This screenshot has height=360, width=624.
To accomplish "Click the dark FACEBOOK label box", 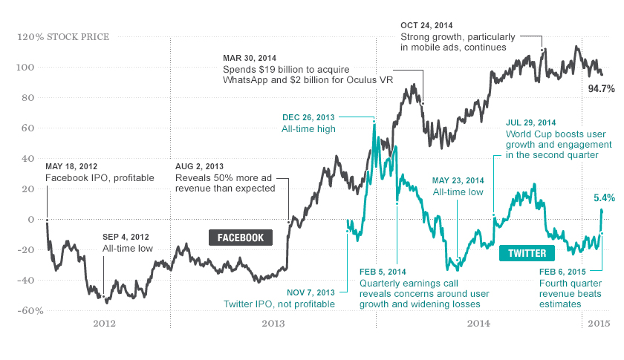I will [241, 238].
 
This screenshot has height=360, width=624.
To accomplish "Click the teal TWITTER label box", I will [527, 253].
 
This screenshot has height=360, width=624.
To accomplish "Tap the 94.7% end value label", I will [601, 88].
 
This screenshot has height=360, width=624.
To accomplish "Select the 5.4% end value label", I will [604, 198].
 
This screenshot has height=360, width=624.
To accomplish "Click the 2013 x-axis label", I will [273, 323].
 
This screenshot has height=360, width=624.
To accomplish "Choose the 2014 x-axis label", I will [478, 323].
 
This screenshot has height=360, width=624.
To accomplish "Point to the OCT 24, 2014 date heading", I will [427, 24].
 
